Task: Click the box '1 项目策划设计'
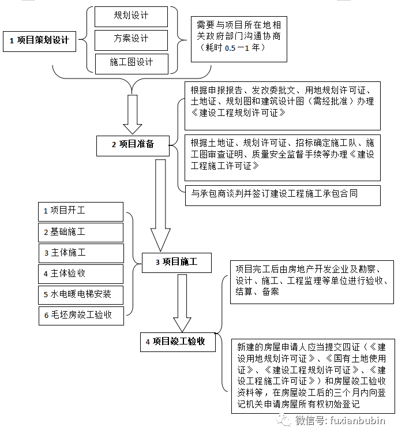click(x=39, y=40)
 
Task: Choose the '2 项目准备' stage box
click(x=133, y=144)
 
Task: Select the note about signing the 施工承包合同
click(x=282, y=194)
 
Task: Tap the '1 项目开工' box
click(x=81, y=211)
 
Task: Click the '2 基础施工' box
click(x=81, y=232)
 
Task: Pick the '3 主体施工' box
click(x=81, y=253)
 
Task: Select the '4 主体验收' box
click(x=81, y=274)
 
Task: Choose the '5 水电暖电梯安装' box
click(x=81, y=294)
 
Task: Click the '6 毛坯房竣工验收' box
click(x=81, y=315)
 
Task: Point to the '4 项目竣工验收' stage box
click(x=178, y=342)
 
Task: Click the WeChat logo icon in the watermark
click(x=284, y=420)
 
